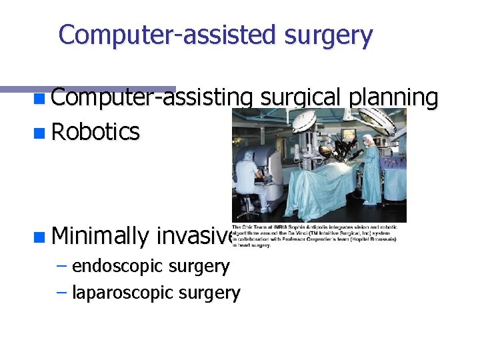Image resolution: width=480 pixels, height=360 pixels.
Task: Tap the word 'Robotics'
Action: tap(95, 132)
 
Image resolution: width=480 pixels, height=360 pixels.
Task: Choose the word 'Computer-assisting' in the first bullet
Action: tap(151, 98)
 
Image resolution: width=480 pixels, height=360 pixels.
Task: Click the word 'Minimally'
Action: tap(99, 235)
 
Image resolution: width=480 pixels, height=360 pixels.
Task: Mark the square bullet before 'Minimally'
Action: tap(40, 236)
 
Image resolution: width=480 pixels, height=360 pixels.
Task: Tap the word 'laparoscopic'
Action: tap(115, 293)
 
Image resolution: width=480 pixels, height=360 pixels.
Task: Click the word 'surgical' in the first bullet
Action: tap(301, 98)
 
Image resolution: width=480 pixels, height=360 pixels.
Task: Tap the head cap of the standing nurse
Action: tap(368, 139)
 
